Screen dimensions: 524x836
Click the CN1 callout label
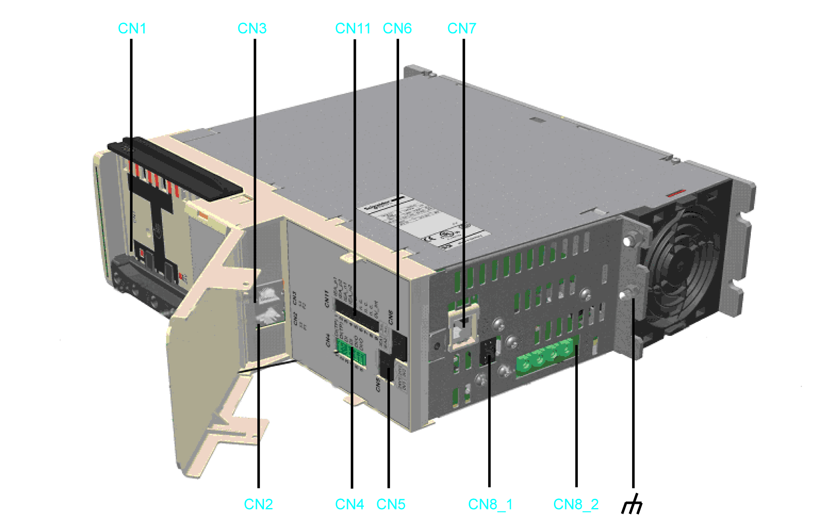(x=132, y=29)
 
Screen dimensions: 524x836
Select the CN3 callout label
(x=252, y=29)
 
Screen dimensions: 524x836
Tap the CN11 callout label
(x=353, y=29)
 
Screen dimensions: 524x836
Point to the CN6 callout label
(x=397, y=29)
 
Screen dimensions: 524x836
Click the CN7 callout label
(x=462, y=29)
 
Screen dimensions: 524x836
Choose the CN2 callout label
(x=258, y=504)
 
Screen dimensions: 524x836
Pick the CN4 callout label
(x=350, y=504)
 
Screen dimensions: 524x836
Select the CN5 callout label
(x=391, y=504)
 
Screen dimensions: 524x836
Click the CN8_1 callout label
(x=490, y=504)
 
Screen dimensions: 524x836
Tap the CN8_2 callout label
(x=576, y=504)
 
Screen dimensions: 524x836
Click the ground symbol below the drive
(x=632, y=504)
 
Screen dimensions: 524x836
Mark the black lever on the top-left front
(x=176, y=168)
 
